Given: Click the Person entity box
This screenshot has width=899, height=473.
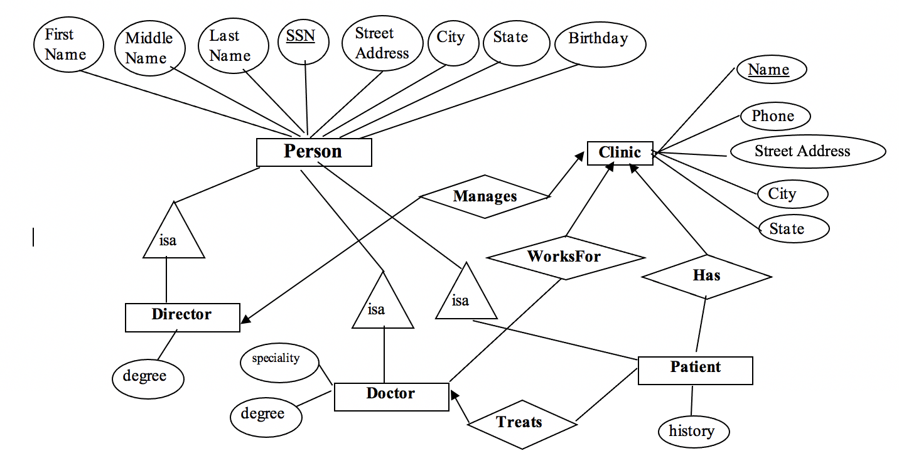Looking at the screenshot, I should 314,152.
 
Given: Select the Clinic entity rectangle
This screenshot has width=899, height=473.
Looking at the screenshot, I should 620,153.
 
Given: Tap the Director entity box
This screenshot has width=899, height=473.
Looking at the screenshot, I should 182,317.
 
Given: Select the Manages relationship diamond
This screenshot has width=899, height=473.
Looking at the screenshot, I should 485,196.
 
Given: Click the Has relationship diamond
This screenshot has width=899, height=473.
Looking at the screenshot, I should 706,276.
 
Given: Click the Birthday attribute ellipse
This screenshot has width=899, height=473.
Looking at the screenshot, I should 600,44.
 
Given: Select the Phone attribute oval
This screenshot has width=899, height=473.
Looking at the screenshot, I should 773,117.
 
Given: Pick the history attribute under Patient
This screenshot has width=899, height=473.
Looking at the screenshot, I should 693,432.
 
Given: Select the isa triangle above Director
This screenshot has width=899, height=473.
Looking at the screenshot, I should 173,235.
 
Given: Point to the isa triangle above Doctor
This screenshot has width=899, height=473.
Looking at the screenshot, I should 382,304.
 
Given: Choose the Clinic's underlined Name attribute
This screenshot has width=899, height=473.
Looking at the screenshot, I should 770,70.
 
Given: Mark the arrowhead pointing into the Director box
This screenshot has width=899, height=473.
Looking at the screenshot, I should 245,319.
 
